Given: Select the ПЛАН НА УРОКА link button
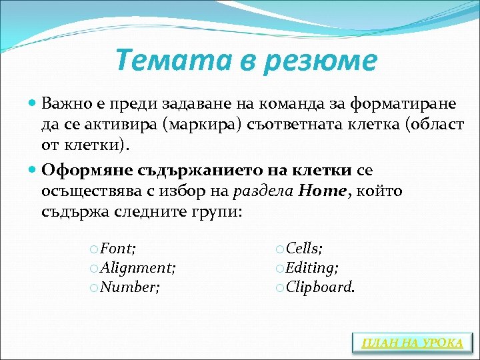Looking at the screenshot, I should coord(412,343).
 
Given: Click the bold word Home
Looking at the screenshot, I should coord(323,191).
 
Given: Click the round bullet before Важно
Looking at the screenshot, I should coord(34,105).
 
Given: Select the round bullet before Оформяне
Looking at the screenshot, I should coord(34,170).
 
